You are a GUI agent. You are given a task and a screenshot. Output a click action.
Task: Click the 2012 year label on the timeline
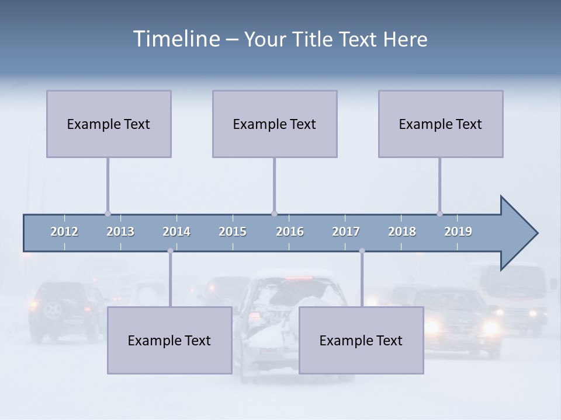click(x=64, y=232)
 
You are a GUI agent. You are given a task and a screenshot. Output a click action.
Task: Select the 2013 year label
click(x=120, y=232)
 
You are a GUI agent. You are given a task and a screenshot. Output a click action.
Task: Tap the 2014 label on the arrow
click(x=176, y=232)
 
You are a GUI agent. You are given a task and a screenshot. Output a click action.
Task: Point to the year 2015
click(x=233, y=232)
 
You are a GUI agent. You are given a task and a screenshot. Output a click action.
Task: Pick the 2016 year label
click(x=290, y=232)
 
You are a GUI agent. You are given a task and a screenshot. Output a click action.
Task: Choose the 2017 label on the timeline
click(x=346, y=232)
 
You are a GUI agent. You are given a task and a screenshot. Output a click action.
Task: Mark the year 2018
click(x=402, y=232)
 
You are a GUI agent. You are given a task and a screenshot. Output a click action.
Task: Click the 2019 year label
click(x=458, y=232)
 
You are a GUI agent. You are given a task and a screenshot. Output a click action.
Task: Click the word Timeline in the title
click(x=176, y=39)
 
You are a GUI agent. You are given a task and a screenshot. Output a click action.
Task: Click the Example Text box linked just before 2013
click(x=109, y=124)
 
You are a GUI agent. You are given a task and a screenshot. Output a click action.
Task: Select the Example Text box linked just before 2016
click(x=275, y=124)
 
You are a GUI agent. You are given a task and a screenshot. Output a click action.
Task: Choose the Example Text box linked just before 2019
click(x=441, y=124)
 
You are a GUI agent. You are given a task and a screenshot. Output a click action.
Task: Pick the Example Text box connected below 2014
click(x=169, y=340)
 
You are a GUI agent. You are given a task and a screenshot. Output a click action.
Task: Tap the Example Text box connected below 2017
click(x=361, y=340)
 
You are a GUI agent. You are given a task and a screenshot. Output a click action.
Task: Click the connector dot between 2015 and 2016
click(x=274, y=213)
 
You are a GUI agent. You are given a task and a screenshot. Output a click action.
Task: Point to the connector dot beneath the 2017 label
click(x=362, y=251)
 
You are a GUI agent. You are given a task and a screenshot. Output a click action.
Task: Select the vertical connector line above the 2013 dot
click(x=108, y=184)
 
